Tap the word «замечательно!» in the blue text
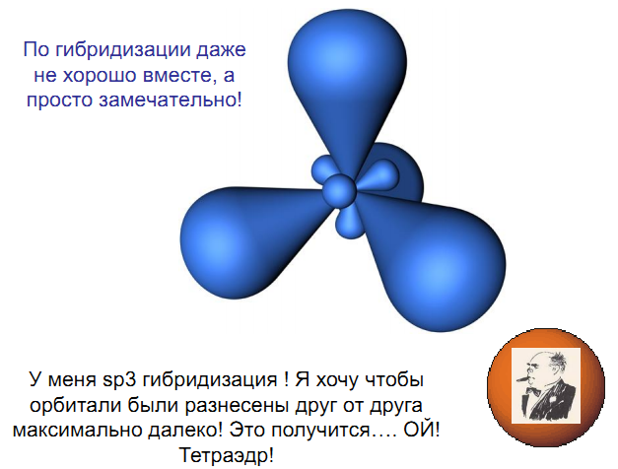click(x=170, y=100)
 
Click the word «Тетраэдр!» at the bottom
click(x=227, y=455)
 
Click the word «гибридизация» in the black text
click(x=209, y=380)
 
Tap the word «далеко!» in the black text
click(x=185, y=431)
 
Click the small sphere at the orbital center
click(x=339, y=191)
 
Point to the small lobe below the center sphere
click(x=350, y=224)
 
